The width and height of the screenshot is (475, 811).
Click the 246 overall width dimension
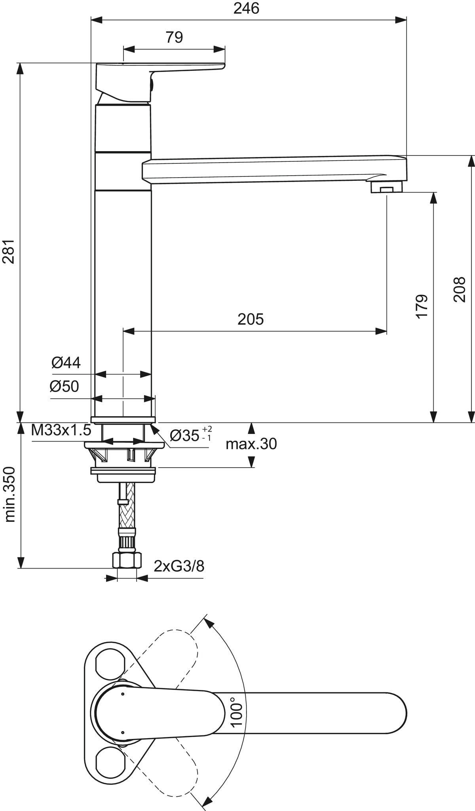tap(246, 8)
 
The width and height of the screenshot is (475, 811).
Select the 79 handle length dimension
tap(174, 37)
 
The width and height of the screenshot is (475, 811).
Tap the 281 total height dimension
tap(9, 251)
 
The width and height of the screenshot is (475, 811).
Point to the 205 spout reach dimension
tap(250, 319)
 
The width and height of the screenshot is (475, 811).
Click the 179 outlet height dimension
tap(422, 305)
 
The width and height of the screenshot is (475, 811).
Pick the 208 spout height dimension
tap(459, 290)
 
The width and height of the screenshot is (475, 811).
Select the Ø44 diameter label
tap(66, 362)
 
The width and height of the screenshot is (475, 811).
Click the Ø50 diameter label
tap(64, 386)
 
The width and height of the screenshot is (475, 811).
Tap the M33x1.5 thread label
tap(61, 430)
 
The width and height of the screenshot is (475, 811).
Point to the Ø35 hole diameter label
tap(191, 435)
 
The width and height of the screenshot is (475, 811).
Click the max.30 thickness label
tap(251, 444)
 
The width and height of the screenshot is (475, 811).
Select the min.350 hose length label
tap(9, 495)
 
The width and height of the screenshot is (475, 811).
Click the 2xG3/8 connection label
tap(179, 566)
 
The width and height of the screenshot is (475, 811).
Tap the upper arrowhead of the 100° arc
tap(209, 624)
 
